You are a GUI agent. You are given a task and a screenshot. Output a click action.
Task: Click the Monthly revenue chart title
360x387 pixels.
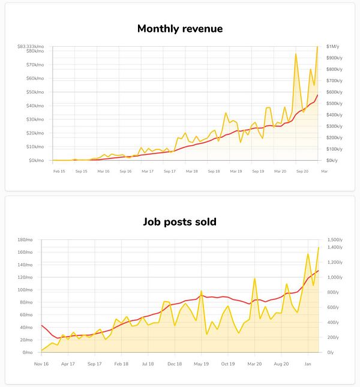(180, 28)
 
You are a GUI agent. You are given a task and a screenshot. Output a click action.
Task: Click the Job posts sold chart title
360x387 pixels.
(180, 221)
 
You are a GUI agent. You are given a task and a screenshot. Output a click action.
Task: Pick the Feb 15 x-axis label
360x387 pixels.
(59, 171)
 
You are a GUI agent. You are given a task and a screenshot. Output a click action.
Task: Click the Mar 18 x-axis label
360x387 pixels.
(191, 171)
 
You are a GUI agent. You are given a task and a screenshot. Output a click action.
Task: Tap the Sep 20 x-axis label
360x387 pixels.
(302, 171)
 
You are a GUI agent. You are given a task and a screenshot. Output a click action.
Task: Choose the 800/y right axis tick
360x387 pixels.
(332, 292)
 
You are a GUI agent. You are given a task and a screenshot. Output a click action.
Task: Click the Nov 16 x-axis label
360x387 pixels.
(41, 364)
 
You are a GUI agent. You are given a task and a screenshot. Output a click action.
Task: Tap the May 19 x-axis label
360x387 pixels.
(202, 364)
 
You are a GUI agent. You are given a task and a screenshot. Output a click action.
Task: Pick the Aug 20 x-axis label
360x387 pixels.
(282, 364)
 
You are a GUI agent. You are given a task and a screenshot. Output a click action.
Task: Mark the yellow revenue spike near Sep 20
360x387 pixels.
(296, 54)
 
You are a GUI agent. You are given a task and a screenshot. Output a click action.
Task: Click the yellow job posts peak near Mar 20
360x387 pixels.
(254, 279)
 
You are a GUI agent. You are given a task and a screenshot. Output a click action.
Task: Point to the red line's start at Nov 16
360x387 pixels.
(41, 325)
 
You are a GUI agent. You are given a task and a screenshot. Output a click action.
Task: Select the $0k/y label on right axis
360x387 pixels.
(332, 160)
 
